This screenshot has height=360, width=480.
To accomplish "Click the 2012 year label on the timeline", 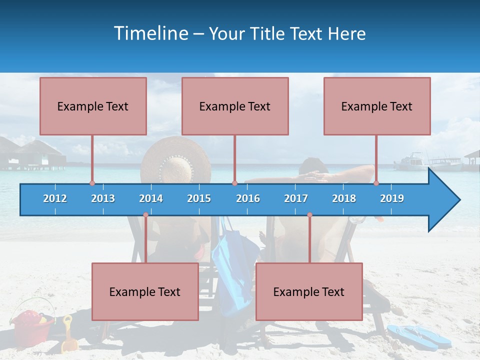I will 55,198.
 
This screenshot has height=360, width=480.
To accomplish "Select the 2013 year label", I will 103,198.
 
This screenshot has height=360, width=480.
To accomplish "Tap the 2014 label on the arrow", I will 151,198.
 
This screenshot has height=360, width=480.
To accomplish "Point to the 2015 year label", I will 199,198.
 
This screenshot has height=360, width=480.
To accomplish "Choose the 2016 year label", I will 248,198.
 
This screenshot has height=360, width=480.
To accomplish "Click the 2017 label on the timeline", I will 296,198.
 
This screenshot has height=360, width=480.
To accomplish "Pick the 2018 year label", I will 344,198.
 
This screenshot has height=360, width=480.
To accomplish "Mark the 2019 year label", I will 392,198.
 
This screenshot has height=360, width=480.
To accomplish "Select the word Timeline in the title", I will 151,33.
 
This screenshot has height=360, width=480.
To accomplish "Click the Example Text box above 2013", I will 93,106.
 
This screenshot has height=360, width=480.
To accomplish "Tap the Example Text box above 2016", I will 235,106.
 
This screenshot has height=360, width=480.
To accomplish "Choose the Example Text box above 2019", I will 377,106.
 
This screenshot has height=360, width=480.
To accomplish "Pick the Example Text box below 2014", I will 145,291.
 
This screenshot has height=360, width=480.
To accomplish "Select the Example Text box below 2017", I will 309,291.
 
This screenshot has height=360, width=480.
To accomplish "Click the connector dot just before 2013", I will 92,183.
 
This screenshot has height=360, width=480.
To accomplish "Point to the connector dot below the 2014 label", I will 145,215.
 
